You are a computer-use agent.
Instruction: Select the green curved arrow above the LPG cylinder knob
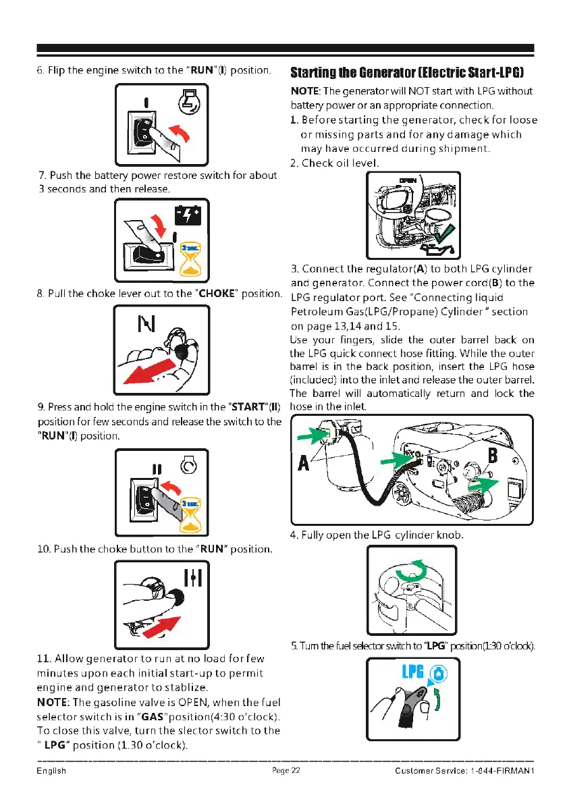point(410,572)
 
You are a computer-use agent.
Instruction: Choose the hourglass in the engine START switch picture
point(191,512)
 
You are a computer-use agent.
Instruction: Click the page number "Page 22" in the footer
point(286,771)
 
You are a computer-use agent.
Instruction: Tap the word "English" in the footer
point(51,771)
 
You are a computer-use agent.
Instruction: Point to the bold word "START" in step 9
point(250,408)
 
